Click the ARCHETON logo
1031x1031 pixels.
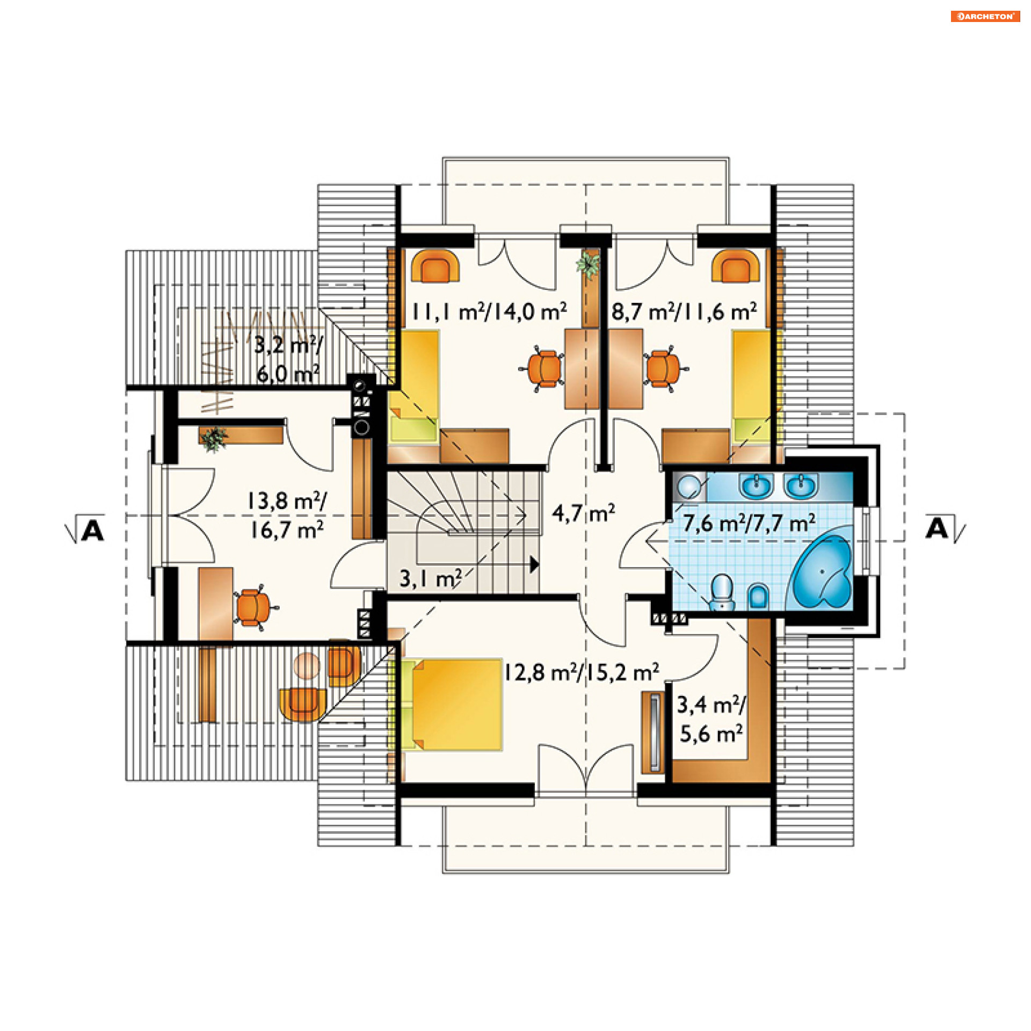coord(985,16)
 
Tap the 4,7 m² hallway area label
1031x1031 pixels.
coord(583,513)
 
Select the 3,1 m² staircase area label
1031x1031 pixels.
coord(430,578)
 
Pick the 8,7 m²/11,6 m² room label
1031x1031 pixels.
coord(685,311)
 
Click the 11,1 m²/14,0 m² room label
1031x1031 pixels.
coord(489,311)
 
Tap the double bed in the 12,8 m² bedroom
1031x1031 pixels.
coord(452,705)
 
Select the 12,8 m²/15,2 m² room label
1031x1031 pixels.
coord(581,672)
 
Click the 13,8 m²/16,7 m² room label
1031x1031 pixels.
coord(286,515)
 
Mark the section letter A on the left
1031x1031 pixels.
coord(93,531)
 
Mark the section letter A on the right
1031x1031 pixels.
coord(937,528)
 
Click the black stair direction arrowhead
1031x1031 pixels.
coord(534,564)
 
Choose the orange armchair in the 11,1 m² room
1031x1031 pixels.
coord(435,266)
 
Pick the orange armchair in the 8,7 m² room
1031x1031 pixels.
coord(736,266)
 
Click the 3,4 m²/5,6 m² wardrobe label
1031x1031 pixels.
coord(711,720)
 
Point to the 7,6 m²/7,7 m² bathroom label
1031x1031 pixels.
coord(749,522)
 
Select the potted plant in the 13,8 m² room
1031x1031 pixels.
coord(214,439)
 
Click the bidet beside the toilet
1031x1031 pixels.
coord(758,596)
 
